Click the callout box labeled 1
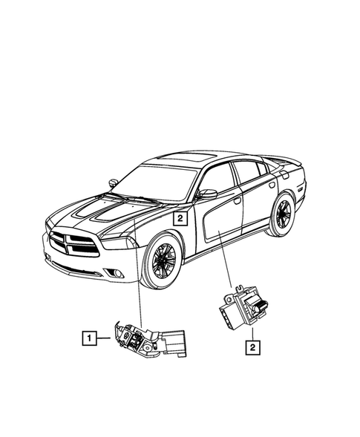pyautogui.click(x=88, y=340)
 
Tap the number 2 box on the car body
pyautogui.click(x=178, y=218)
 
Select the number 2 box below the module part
pyautogui.click(x=253, y=345)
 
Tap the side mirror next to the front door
pyautogui.click(x=207, y=194)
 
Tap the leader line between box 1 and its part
pyautogui.click(x=105, y=340)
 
